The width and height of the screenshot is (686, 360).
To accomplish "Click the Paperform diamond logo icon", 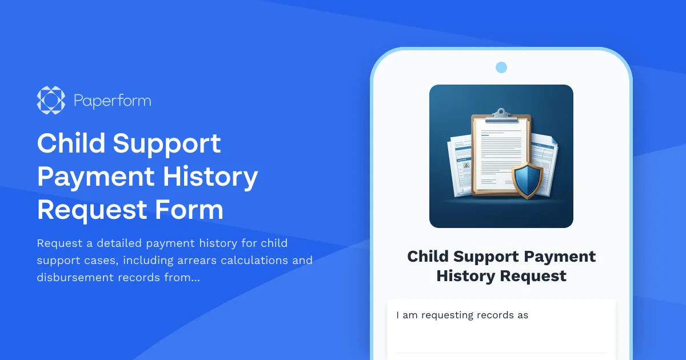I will point(51,100).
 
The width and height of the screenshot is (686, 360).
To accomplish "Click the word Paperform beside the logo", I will point(113,101).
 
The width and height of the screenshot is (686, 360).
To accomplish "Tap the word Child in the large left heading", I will point(70,143).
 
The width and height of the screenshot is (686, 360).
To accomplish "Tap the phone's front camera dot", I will point(501,67).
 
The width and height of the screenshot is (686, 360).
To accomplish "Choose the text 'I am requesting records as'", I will point(462,315).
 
